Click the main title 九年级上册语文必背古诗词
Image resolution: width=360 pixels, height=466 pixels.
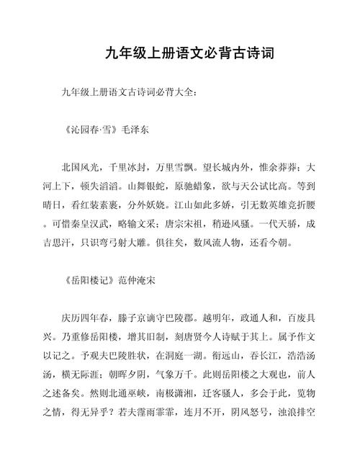(x=180, y=55)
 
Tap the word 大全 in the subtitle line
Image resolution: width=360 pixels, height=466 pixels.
(x=184, y=92)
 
